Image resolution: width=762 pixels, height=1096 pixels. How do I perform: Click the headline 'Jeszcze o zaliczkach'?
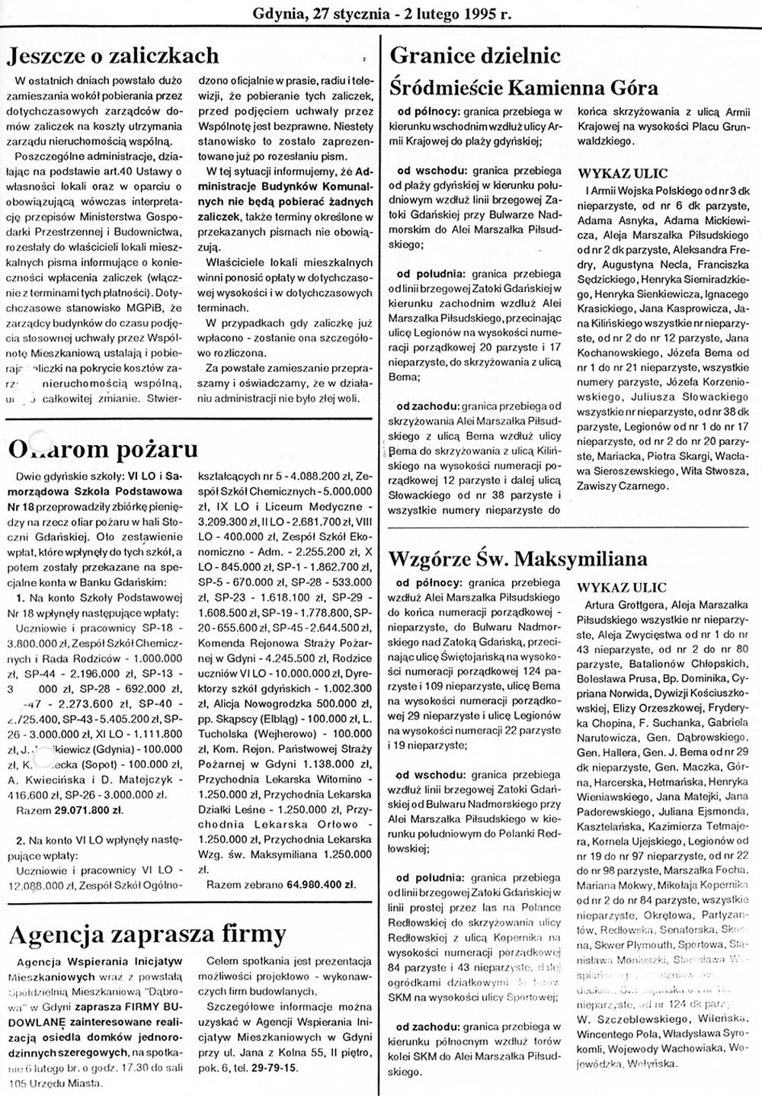(113, 56)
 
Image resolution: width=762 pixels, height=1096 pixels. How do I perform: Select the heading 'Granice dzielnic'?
(475, 56)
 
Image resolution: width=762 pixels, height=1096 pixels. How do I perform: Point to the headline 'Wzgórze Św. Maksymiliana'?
(518, 559)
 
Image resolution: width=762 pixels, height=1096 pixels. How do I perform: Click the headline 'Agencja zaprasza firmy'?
(147, 934)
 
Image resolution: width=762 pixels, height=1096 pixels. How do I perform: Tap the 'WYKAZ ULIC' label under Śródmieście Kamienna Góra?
(622, 174)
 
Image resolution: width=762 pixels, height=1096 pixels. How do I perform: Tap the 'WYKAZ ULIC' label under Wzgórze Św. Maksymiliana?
(622, 588)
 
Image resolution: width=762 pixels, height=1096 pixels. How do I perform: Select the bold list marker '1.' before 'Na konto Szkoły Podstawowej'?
(21, 599)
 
